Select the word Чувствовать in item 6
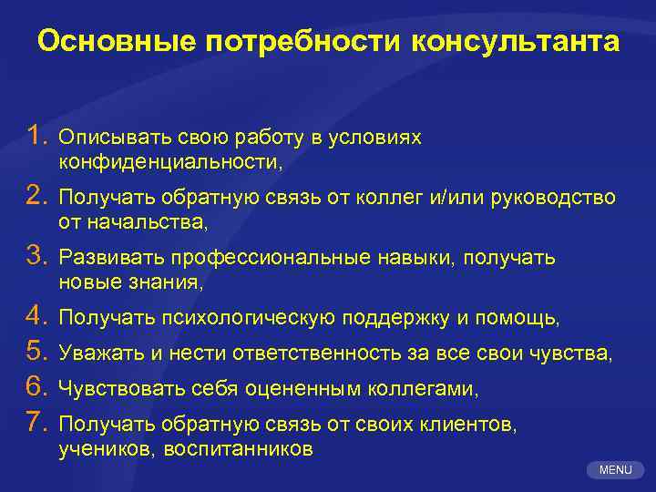122,389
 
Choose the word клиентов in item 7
471,425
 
